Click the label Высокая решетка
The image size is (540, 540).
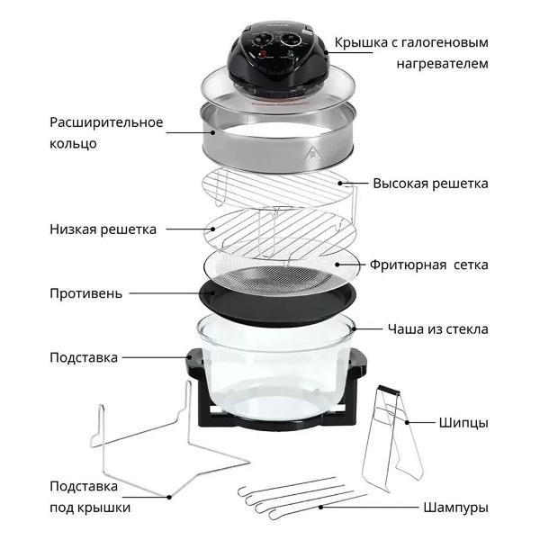click(x=430, y=184)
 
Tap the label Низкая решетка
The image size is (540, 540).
click(x=103, y=229)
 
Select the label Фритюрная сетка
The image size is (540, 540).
click(x=428, y=265)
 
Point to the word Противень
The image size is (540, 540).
click(x=86, y=293)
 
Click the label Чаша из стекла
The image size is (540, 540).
click(x=438, y=329)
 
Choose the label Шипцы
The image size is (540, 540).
click(x=463, y=423)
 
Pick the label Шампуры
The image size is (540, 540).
click(x=456, y=508)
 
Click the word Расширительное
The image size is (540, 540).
click(x=106, y=123)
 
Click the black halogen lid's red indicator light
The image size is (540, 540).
click(x=263, y=54)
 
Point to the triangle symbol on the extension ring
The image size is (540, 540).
click(x=311, y=154)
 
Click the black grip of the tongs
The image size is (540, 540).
click(x=390, y=391)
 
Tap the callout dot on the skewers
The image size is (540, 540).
click(x=320, y=508)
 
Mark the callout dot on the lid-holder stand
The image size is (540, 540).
click(x=169, y=497)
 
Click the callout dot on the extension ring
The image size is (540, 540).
click(x=212, y=132)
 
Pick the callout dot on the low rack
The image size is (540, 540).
click(x=212, y=229)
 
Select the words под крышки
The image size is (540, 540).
click(x=90, y=508)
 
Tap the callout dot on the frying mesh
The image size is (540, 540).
click(x=337, y=265)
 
